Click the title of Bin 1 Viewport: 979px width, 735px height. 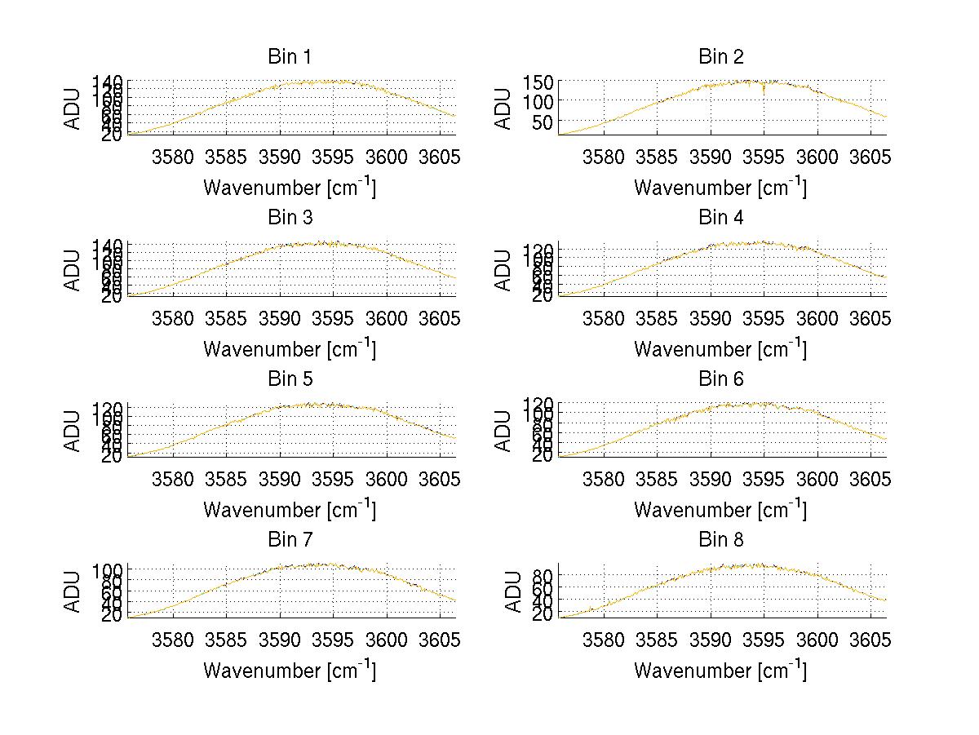point(290,57)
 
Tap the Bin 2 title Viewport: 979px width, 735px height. point(720,57)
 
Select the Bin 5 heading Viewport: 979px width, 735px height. point(290,379)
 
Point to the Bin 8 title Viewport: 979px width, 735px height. point(720,540)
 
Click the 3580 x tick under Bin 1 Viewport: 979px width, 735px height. point(173,156)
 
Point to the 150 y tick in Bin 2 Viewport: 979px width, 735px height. point(544,82)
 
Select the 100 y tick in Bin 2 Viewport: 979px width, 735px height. point(544,101)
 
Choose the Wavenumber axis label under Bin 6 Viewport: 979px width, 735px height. point(720,509)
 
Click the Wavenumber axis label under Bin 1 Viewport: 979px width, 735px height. point(290,188)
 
